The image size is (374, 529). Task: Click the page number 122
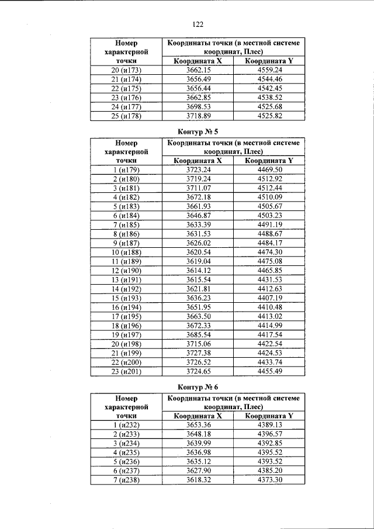pyautogui.click(x=198, y=24)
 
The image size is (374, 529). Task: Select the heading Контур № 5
pyautogui.click(x=198, y=131)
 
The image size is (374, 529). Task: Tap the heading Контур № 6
pyautogui.click(x=198, y=387)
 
